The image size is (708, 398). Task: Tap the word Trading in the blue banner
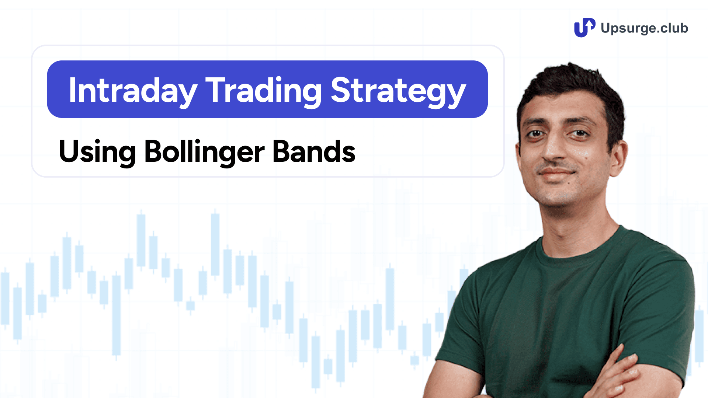point(264,90)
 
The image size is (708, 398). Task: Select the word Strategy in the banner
point(398,90)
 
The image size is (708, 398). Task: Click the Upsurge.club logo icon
point(584,28)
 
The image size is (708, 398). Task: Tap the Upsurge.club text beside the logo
point(644,28)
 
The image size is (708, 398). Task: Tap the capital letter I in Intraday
point(73,90)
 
